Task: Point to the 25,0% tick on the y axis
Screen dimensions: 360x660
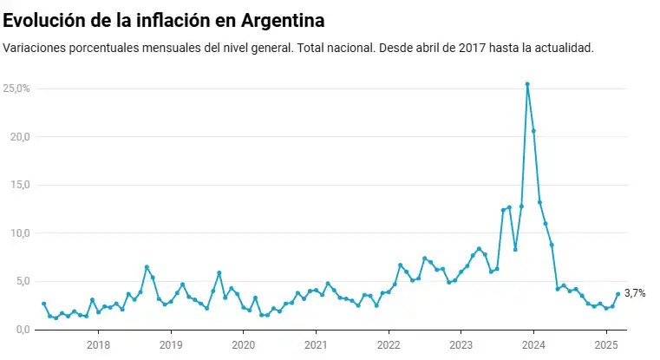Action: coord(16,88)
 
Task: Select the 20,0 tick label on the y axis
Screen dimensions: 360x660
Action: coord(18,137)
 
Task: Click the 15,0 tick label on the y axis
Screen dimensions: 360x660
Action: coord(18,185)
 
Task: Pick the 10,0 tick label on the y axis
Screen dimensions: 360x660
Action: coord(18,233)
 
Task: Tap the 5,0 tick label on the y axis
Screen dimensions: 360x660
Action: coord(21,281)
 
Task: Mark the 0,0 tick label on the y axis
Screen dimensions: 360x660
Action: coord(21,330)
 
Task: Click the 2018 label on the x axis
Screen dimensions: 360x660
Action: coord(98,344)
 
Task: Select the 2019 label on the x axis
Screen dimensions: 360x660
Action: coord(171,344)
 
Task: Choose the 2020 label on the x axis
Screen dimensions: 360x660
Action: coord(244,344)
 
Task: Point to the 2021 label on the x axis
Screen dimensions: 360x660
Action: coord(316,344)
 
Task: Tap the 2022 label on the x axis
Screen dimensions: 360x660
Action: coord(389,344)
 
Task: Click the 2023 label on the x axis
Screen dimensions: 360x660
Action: coord(461,344)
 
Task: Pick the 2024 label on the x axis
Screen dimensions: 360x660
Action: coord(533,344)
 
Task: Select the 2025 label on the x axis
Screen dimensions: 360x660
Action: coord(605,344)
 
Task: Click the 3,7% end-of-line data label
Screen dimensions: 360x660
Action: coord(635,294)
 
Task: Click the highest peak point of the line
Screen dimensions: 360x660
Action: coord(527,84)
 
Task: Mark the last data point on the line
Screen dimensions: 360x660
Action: coord(618,294)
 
